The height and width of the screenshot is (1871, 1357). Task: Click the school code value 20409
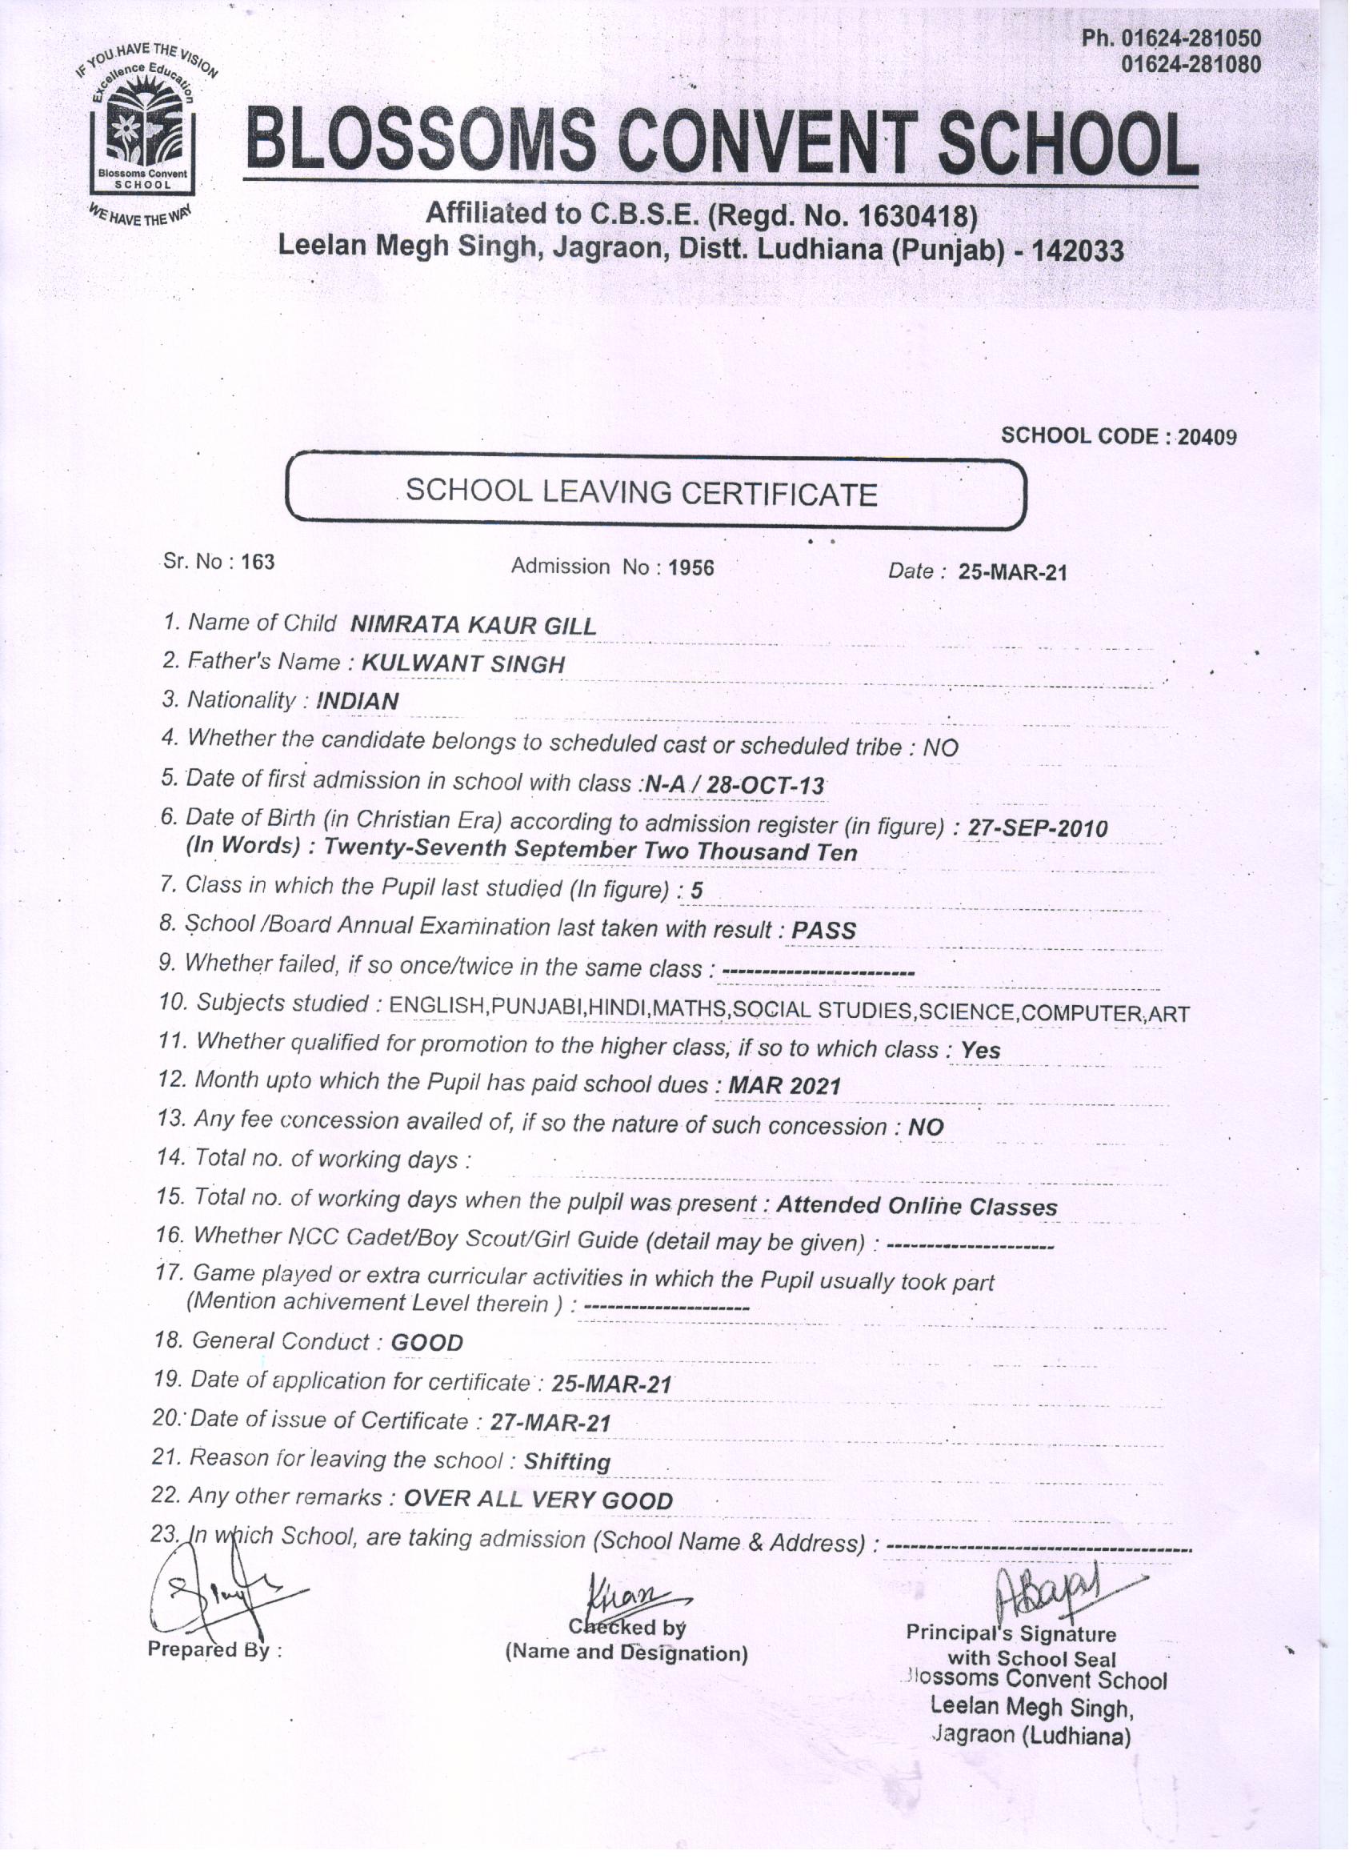(x=1207, y=436)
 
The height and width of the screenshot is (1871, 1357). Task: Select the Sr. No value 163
(x=258, y=562)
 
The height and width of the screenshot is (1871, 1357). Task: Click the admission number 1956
(x=691, y=567)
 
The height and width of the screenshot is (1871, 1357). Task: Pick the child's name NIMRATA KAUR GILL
(x=473, y=625)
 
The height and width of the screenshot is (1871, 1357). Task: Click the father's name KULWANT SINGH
(x=463, y=664)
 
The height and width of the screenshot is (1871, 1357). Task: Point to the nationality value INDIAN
(x=357, y=701)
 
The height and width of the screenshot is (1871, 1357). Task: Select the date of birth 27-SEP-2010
(x=1037, y=827)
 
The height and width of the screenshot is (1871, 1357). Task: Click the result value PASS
(x=823, y=931)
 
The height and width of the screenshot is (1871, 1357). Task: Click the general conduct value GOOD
(x=426, y=1342)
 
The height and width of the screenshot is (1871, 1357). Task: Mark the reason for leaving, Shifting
(x=567, y=1462)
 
